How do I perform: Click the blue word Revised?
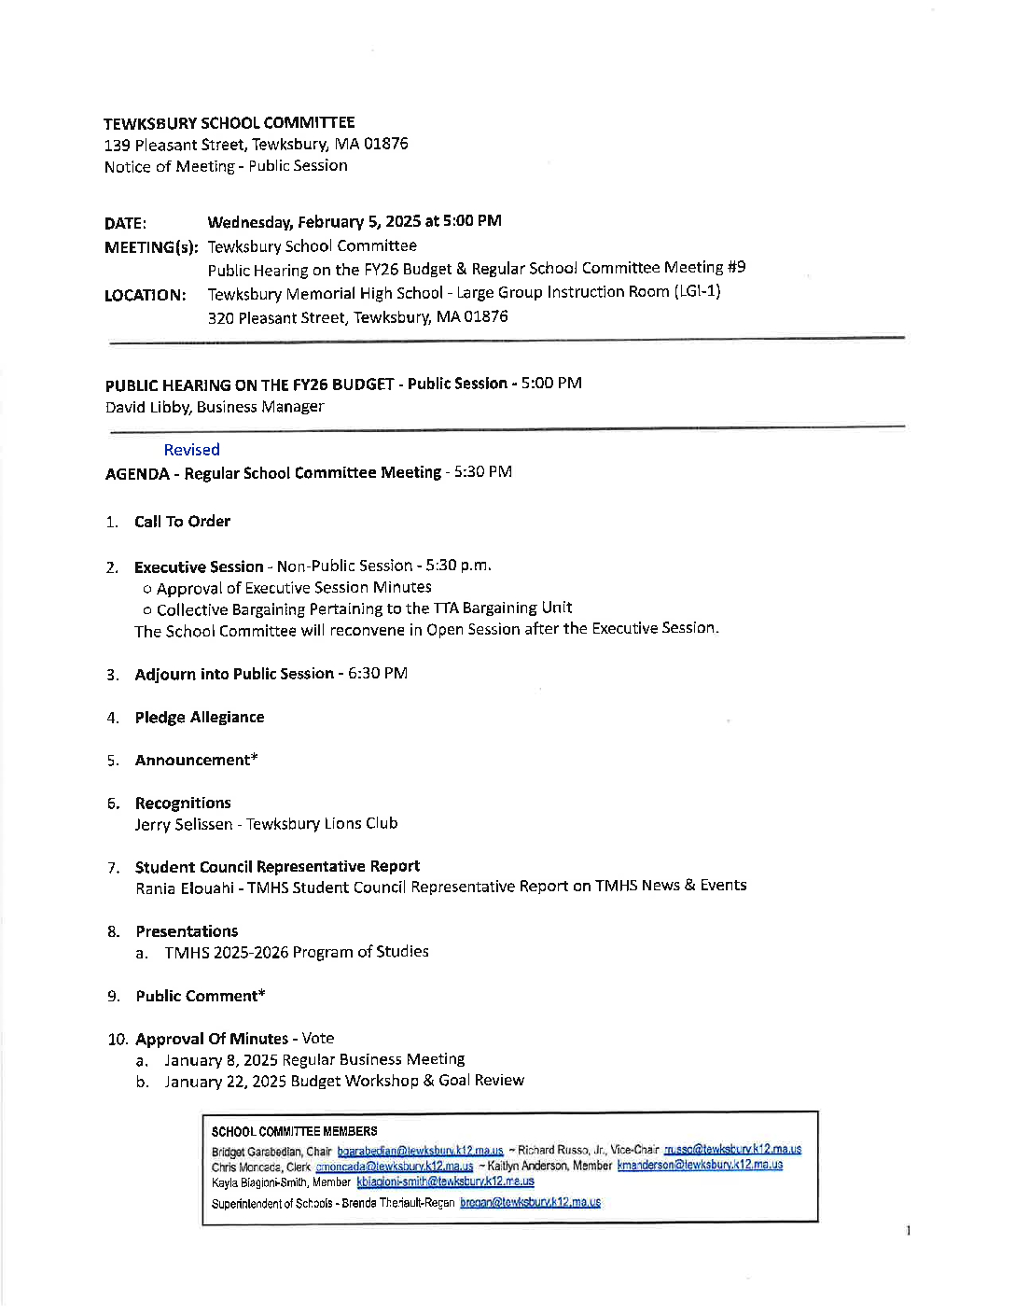pyautogui.click(x=191, y=450)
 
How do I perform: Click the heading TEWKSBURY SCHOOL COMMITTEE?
pyautogui.click(x=229, y=123)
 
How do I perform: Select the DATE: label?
pyautogui.click(x=125, y=223)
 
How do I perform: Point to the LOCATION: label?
pyautogui.click(x=145, y=295)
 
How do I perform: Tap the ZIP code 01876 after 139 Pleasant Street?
pyautogui.click(x=385, y=144)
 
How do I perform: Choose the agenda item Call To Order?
pyautogui.click(x=182, y=522)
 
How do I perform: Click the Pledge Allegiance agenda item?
pyautogui.click(x=199, y=717)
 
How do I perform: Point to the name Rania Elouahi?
pyautogui.click(x=185, y=888)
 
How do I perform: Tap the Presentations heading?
pyautogui.click(x=187, y=931)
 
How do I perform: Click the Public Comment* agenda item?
pyautogui.click(x=200, y=996)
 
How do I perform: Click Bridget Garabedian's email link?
pyautogui.click(x=420, y=1151)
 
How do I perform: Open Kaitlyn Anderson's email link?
pyautogui.click(x=700, y=1165)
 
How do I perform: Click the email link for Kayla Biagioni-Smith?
pyautogui.click(x=445, y=1181)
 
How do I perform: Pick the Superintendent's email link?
pyautogui.click(x=530, y=1202)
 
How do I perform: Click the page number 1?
pyautogui.click(x=908, y=1231)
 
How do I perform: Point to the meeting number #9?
pyautogui.click(x=736, y=267)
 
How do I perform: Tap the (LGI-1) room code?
pyautogui.click(x=697, y=291)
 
